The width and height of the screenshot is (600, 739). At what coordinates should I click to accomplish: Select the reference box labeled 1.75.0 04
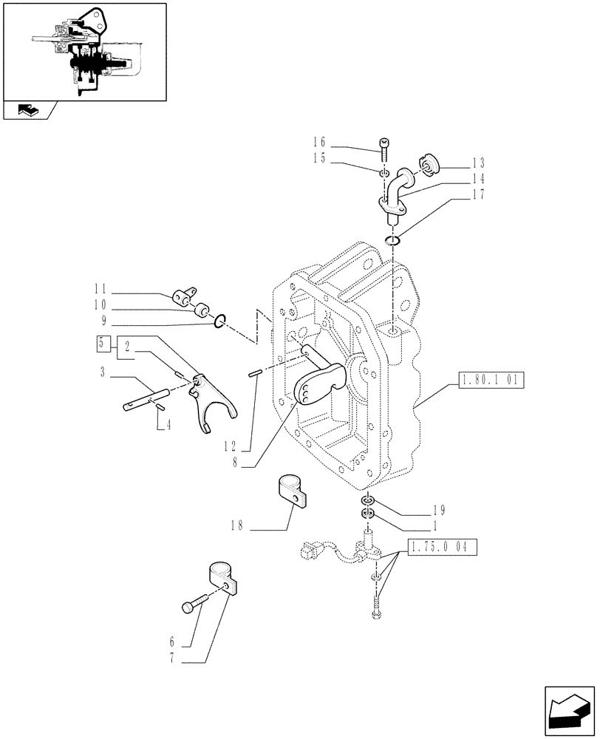[441, 548]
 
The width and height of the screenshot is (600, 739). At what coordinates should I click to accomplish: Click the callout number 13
[478, 163]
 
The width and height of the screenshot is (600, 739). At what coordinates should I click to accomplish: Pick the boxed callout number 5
[103, 343]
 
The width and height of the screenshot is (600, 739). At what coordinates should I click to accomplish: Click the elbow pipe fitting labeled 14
[397, 194]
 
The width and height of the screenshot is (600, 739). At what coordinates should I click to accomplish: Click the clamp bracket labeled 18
[293, 491]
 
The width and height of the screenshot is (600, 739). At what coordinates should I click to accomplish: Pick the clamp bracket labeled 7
[220, 577]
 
